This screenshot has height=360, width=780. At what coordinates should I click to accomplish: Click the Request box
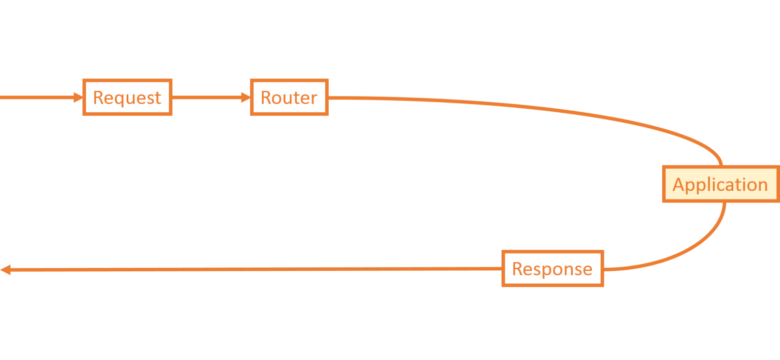[x=127, y=98]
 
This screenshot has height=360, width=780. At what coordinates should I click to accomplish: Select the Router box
[x=289, y=98]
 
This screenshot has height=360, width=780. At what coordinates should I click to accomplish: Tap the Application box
[x=720, y=184]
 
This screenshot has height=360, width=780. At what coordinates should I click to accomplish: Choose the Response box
[x=552, y=269]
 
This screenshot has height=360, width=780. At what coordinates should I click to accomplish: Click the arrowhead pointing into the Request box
[x=78, y=98]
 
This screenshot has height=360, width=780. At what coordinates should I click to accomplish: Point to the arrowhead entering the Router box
[x=245, y=98]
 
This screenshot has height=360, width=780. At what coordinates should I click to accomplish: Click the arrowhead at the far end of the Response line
[x=5, y=270]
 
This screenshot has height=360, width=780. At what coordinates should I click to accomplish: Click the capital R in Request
[x=98, y=98]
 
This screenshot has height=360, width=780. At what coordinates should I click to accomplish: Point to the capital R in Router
[x=266, y=98]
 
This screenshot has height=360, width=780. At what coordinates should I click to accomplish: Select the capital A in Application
[x=679, y=184]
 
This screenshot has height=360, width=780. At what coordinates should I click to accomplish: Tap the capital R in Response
[x=517, y=269]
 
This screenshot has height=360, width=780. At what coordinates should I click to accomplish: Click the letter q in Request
[x=119, y=100]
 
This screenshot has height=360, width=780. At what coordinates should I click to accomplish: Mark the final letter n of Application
[x=762, y=185]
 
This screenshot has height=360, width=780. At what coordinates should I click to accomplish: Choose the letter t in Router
[x=298, y=98]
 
